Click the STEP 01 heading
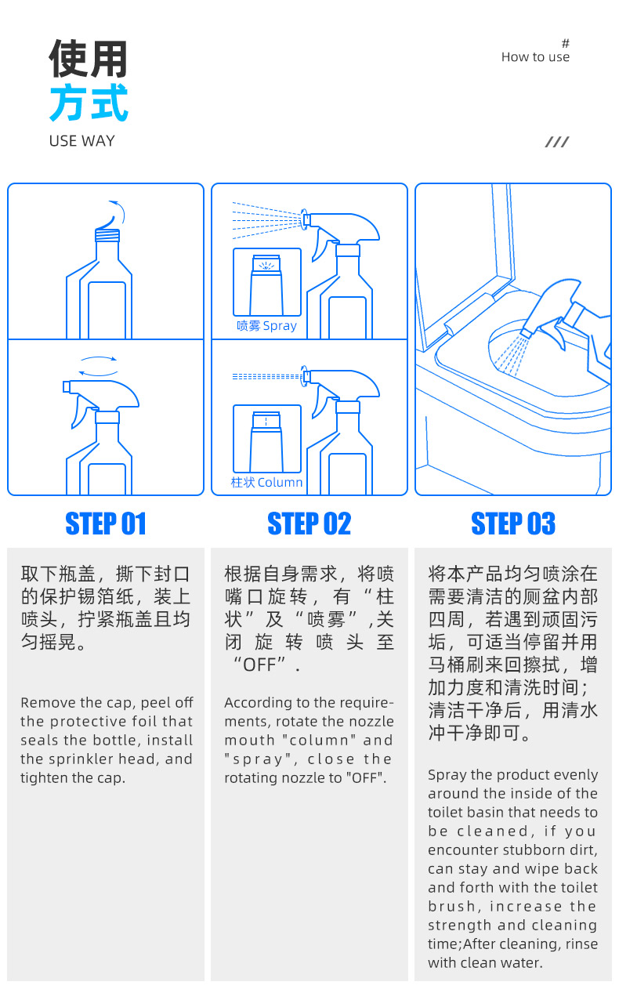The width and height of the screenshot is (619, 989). click(106, 523)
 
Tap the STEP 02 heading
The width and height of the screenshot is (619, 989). click(309, 523)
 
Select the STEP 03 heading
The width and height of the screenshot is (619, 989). click(513, 523)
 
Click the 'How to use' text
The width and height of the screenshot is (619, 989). click(535, 57)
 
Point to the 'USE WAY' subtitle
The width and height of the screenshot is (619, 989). click(81, 141)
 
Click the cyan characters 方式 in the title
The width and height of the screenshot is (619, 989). click(89, 103)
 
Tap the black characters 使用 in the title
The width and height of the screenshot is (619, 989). click(89, 58)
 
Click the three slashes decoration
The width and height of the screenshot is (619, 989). click(557, 142)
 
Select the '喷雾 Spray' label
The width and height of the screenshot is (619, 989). click(266, 325)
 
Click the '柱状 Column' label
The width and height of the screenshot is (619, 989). click(266, 482)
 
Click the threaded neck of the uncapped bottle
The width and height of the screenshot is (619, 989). click(107, 235)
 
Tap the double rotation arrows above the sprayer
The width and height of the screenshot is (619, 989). click(98, 366)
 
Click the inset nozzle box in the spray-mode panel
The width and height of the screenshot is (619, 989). click(267, 281)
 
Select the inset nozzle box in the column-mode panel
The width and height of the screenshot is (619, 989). click(267, 438)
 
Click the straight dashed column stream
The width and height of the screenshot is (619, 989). click(267, 377)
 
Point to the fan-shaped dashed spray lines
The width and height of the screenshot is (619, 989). click(266, 220)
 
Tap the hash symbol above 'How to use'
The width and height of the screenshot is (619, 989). click(566, 43)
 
